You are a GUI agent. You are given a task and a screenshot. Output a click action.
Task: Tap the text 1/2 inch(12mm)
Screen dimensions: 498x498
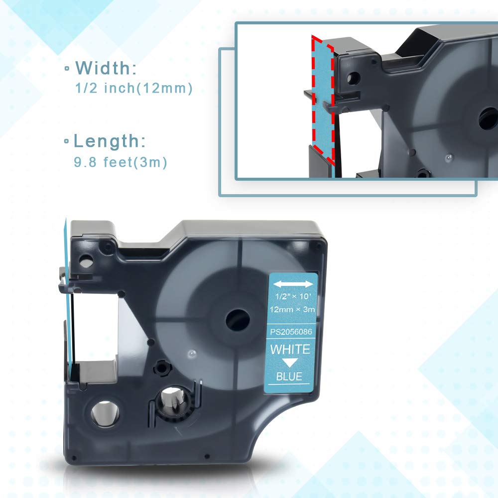click(x=133, y=88)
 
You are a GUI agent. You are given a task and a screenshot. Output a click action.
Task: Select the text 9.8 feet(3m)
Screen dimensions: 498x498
click(x=121, y=162)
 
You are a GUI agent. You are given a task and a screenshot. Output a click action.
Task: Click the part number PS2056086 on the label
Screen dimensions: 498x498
click(x=291, y=332)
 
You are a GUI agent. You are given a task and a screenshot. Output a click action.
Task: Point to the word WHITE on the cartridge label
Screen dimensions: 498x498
click(x=290, y=350)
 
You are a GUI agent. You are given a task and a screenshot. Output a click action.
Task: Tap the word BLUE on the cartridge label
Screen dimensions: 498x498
click(x=289, y=376)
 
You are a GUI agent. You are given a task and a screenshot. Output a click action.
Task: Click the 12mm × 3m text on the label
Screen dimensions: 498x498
click(x=292, y=309)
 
